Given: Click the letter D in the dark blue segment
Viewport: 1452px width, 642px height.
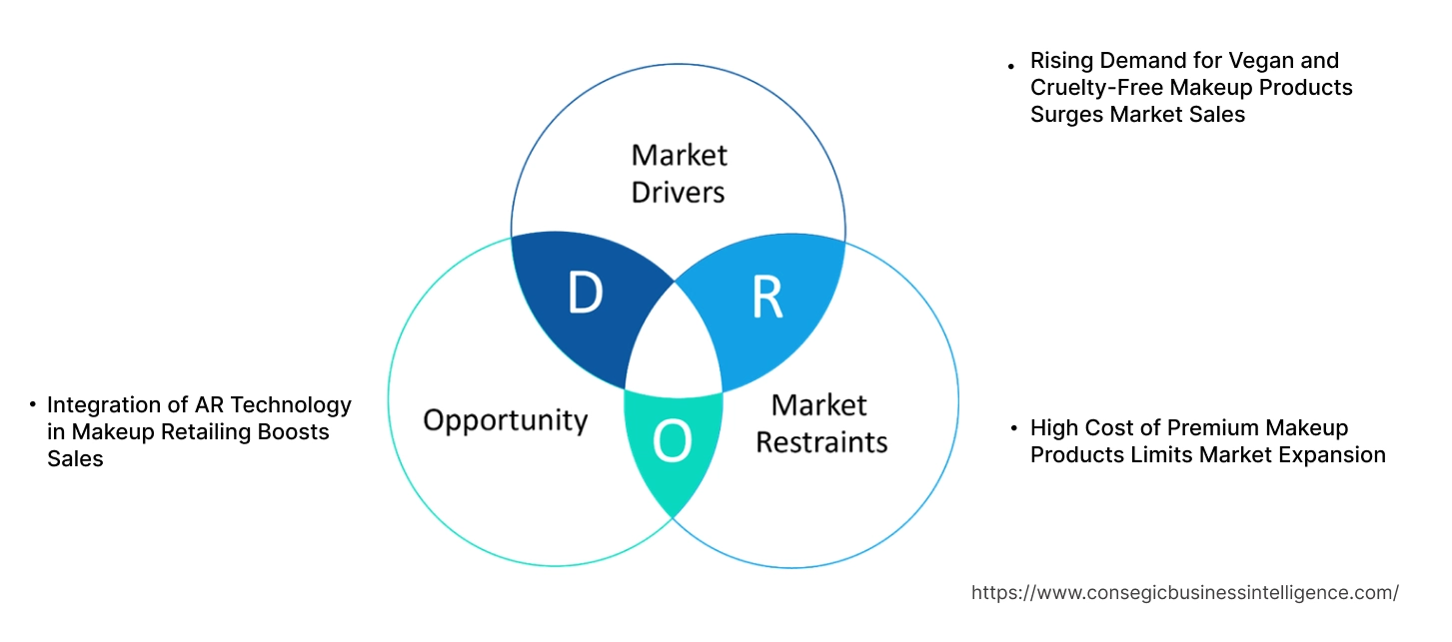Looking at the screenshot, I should tap(586, 293).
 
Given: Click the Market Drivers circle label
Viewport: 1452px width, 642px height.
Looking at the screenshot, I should tap(679, 173).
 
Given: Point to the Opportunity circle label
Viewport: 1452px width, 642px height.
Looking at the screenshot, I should tap(505, 419).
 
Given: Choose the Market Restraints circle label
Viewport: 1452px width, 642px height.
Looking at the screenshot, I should tap(821, 423).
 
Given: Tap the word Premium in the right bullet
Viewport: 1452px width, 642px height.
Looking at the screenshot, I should tap(1212, 428).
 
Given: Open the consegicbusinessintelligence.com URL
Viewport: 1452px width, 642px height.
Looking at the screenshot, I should tap(1184, 593).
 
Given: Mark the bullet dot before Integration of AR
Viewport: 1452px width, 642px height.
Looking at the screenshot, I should tap(32, 406).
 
